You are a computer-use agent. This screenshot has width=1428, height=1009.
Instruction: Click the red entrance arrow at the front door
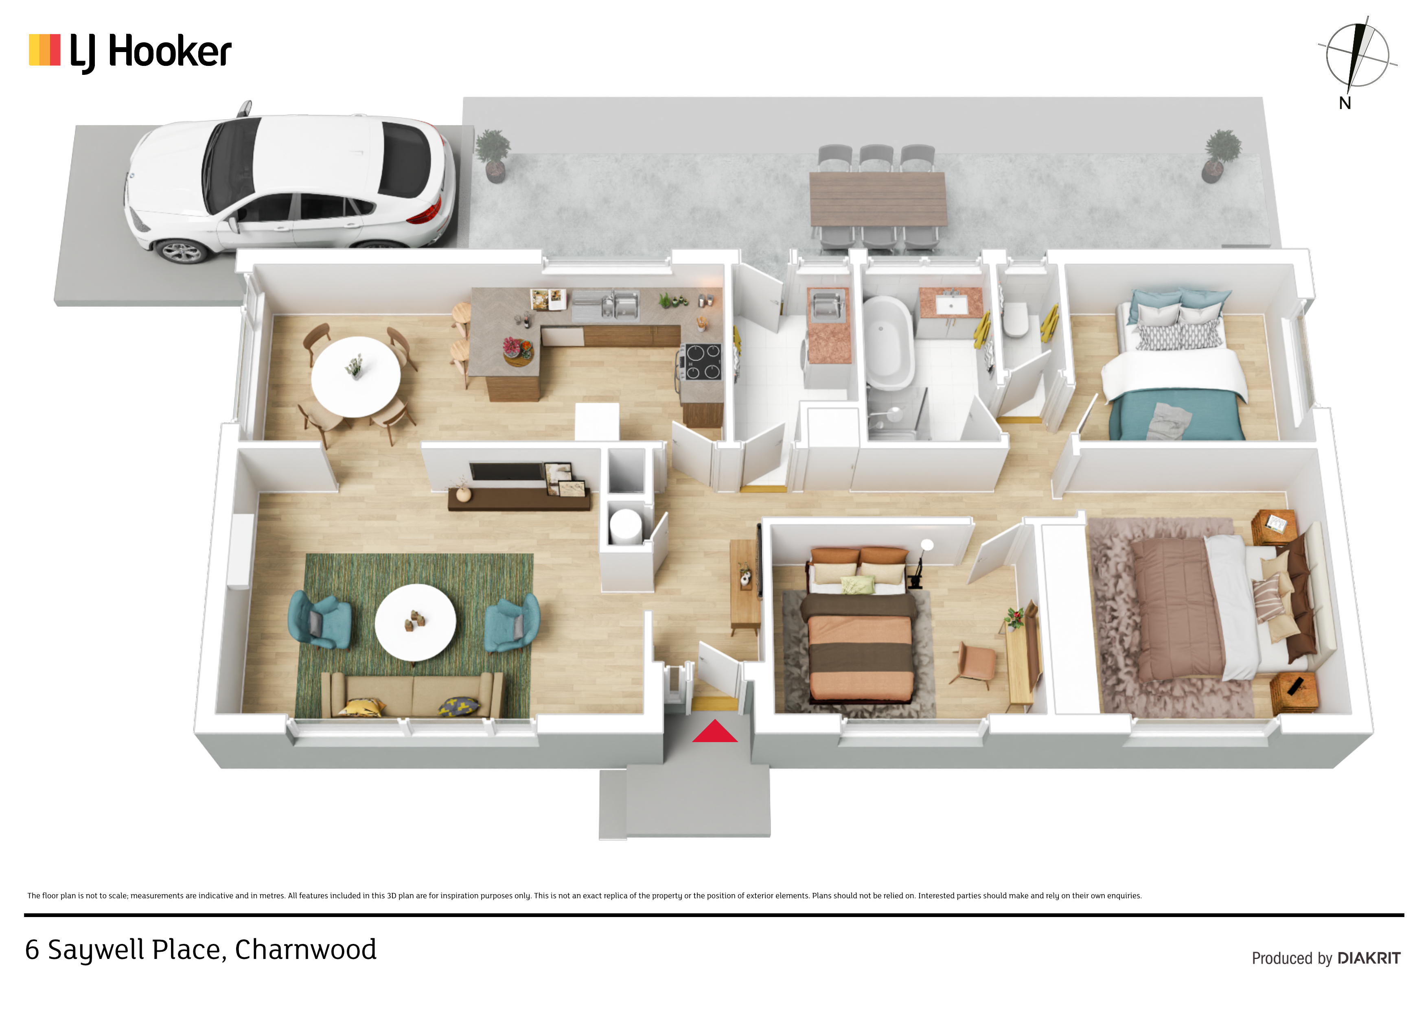pos(715,732)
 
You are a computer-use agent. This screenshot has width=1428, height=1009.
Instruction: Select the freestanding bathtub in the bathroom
pos(889,342)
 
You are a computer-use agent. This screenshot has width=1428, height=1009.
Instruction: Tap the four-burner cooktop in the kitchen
pos(701,362)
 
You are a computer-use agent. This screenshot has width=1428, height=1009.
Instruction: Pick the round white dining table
pos(356,377)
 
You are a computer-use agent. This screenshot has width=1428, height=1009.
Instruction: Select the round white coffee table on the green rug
pos(416,622)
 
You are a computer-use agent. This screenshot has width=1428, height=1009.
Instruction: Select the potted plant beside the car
pos(493,155)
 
